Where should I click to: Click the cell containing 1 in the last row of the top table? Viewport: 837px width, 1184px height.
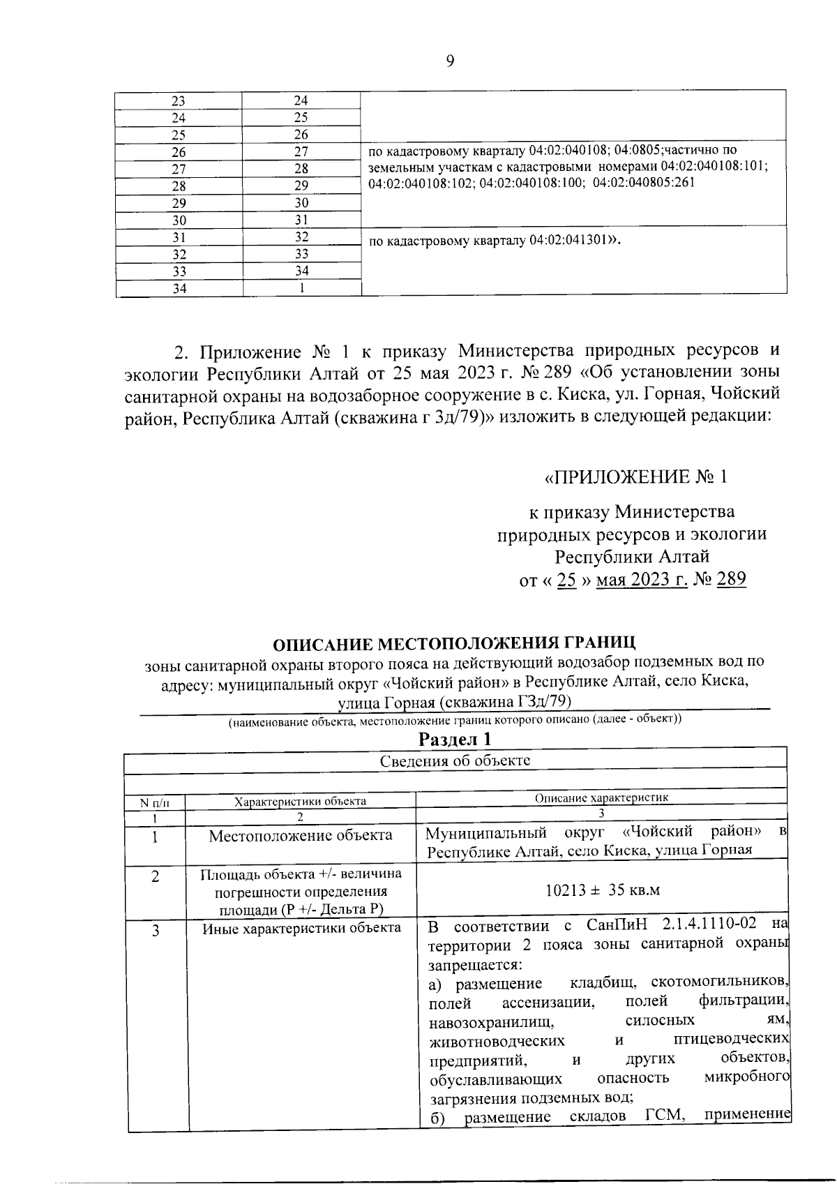(x=301, y=288)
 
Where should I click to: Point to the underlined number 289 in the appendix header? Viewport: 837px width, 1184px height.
(x=731, y=579)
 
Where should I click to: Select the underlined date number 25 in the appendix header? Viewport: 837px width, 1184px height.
(x=566, y=579)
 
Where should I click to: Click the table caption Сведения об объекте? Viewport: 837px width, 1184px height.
(x=455, y=760)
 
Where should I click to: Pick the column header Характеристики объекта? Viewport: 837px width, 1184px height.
(x=300, y=801)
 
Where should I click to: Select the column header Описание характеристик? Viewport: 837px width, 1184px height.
(x=601, y=798)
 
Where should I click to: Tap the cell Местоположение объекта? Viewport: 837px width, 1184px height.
(x=300, y=835)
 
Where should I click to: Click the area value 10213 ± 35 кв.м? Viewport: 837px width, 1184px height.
(x=602, y=890)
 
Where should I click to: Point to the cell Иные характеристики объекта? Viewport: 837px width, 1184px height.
(x=301, y=928)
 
